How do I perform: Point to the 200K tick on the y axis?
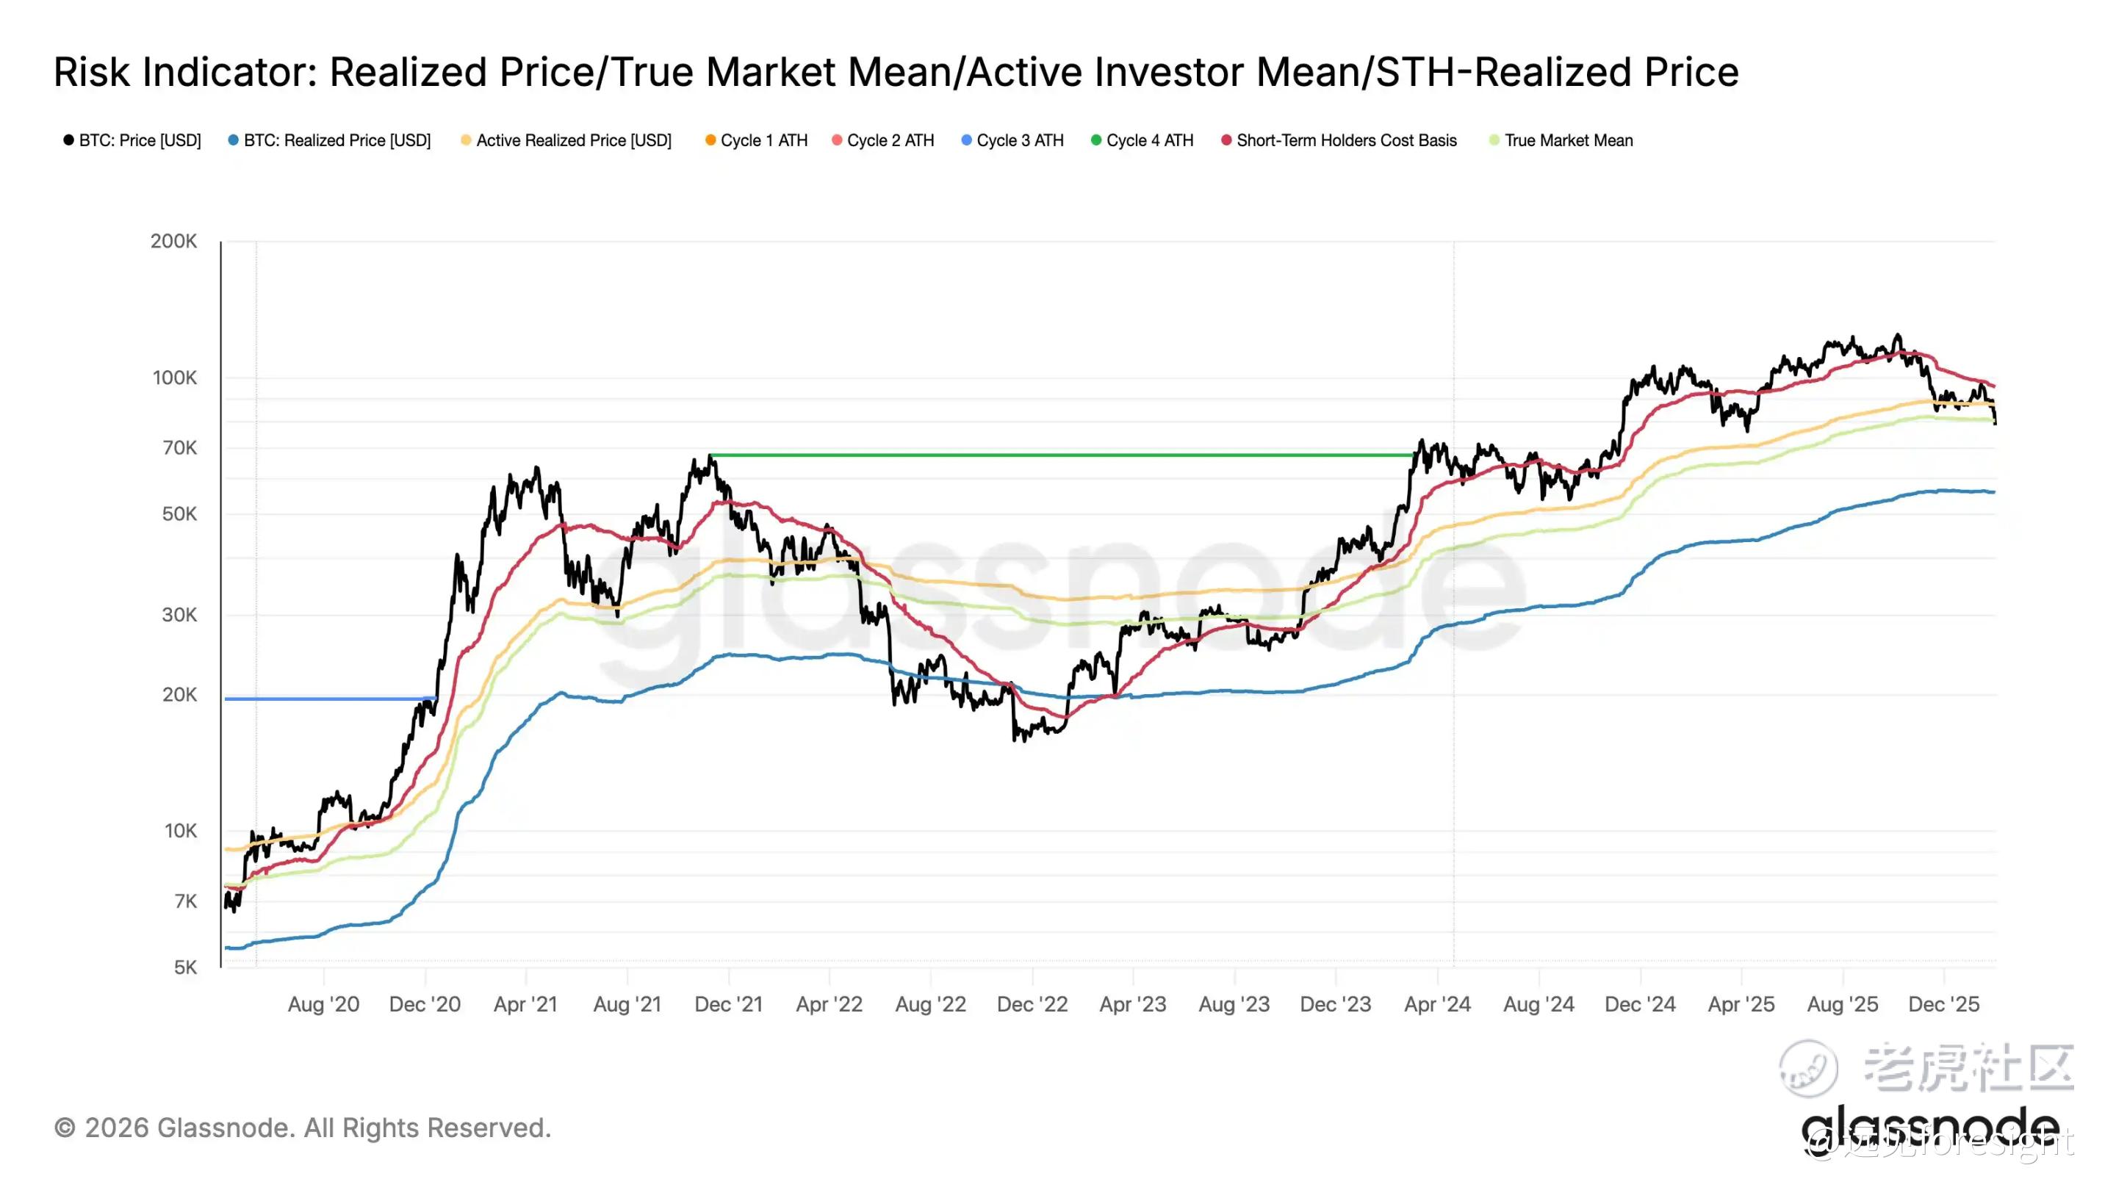tap(173, 242)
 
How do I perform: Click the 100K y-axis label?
tap(174, 378)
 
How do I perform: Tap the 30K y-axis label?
tap(179, 615)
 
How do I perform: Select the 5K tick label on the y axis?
tap(185, 967)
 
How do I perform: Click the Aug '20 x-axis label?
tap(323, 1004)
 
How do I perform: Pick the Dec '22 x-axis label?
tap(1032, 1004)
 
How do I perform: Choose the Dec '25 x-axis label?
tap(1943, 1004)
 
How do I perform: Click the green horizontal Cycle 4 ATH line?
tap(1059, 455)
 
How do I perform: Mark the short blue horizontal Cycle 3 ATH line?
tap(328, 699)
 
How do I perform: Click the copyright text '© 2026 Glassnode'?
tap(173, 1128)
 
